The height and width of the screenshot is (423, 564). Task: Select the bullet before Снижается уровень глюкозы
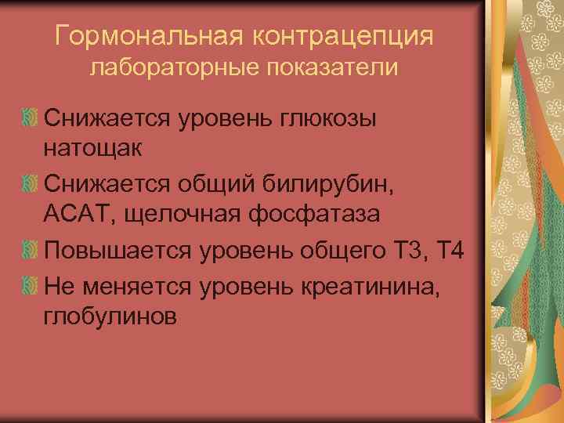(31, 118)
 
